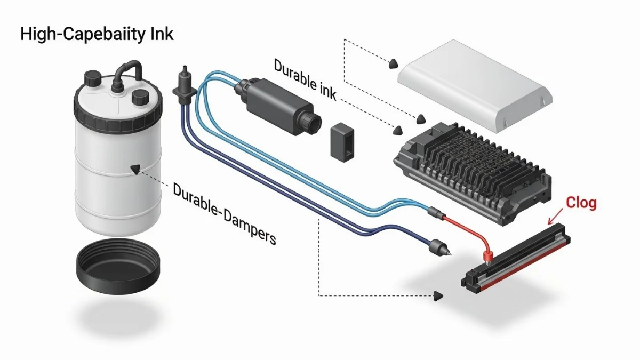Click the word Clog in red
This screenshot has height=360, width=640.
[x=581, y=203]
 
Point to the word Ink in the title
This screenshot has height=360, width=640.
[x=161, y=35]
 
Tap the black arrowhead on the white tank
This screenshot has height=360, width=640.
[x=135, y=170]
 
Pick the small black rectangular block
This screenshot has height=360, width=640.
[x=342, y=141]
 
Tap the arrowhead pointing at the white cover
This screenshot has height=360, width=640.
[x=393, y=63]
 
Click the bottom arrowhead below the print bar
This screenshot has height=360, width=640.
[x=439, y=295]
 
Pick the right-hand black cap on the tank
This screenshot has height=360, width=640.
[x=141, y=97]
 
